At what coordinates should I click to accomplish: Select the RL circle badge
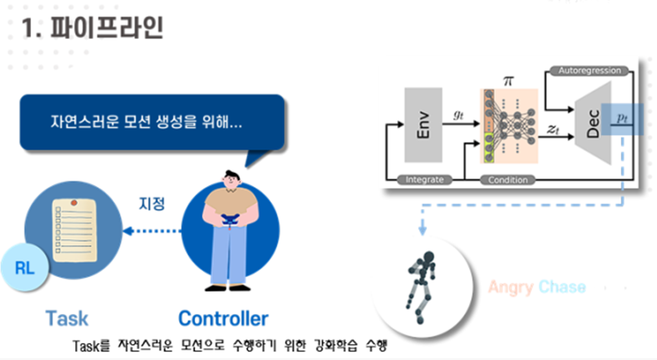point(25,269)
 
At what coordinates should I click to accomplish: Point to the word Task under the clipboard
point(66,318)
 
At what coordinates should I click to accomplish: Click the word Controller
point(222,318)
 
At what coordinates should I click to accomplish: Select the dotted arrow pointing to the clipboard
point(153,230)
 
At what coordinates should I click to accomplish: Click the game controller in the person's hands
point(230,221)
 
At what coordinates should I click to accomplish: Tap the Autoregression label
point(590,70)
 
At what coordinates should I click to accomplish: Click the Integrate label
point(424,180)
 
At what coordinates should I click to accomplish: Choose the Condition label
point(508,180)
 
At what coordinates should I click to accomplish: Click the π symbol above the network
point(508,80)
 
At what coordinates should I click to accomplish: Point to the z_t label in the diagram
point(553,129)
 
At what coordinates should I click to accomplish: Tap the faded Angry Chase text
point(536,287)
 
